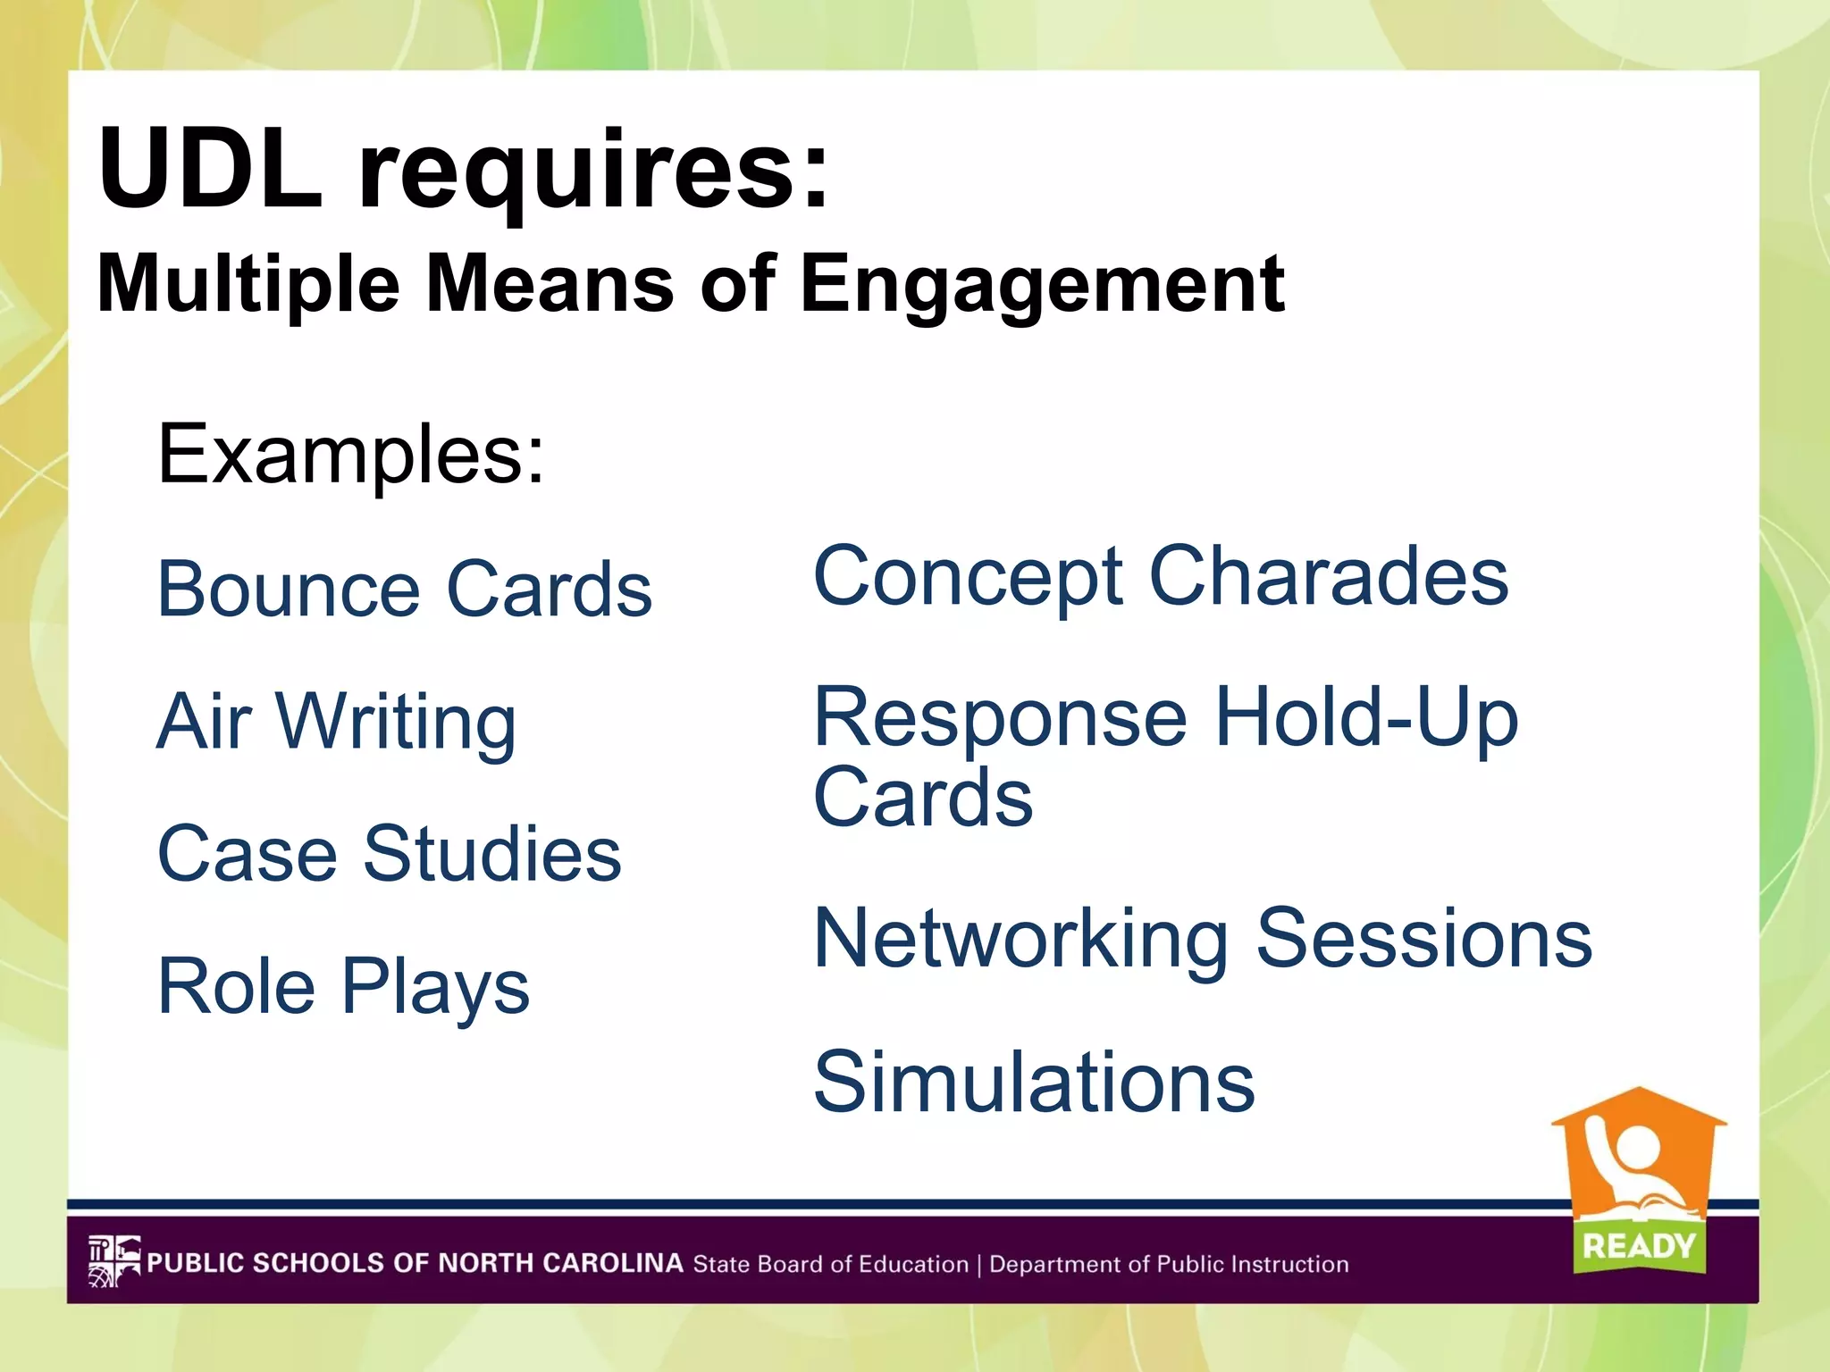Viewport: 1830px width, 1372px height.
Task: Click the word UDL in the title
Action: (210, 170)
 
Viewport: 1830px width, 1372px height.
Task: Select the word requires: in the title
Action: (594, 174)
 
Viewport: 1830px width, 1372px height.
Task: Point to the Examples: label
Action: (350, 456)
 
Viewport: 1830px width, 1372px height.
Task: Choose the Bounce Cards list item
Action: (404, 590)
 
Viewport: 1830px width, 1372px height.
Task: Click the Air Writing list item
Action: (336, 724)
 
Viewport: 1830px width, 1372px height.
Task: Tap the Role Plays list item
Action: (343, 988)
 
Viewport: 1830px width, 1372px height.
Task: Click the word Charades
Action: (1328, 576)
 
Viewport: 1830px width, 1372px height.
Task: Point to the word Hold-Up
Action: (1365, 719)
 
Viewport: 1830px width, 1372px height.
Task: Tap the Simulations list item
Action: (1034, 1083)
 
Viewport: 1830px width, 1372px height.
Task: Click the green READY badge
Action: (1639, 1245)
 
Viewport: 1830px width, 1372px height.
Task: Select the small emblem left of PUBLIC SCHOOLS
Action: (113, 1261)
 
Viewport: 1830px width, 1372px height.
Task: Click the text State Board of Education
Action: (830, 1264)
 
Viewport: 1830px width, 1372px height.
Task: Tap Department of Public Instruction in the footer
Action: (1169, 1264)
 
